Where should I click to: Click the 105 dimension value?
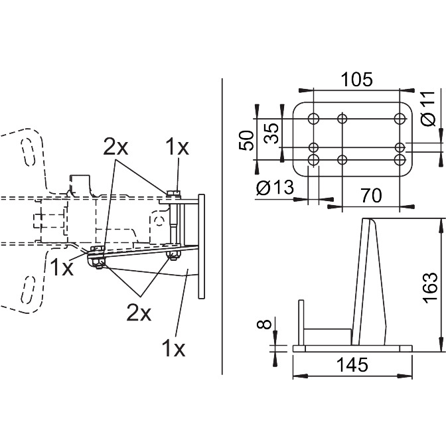[x=356, y=80]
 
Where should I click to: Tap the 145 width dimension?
[x=352, y=364]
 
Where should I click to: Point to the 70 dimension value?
[x=372, y=195]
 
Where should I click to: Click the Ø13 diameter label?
[x=275, y=188]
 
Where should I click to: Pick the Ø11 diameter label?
[x=428, y=108]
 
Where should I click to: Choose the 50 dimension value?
[x=246, y=141]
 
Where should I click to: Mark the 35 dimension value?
[x=271, y=133]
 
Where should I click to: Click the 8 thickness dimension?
[x=264, y=324]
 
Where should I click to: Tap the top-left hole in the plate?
[x=313, y=118]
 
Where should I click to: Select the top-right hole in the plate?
[x=400, y=118]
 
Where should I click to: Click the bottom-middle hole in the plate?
[x=342, y=160]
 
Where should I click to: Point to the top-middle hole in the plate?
[x=342, y=118]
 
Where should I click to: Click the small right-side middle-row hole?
[x=400, y=147]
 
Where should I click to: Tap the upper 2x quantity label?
[x=115, y=147]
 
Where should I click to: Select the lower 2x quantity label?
[x=139, y=313]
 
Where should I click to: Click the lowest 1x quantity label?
[x=173, y=348]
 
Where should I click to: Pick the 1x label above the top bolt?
[x=177, y=147]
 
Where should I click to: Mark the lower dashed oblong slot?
[x=29, y=289]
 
